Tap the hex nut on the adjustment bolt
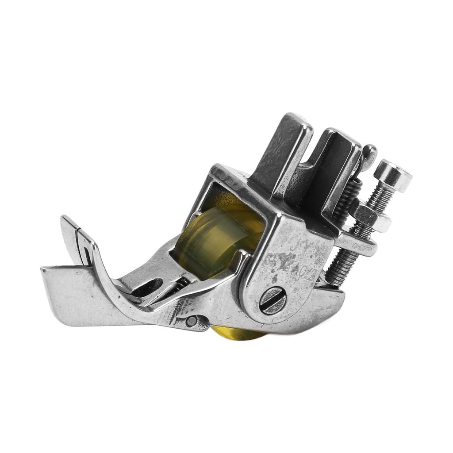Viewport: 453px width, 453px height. pos(371,217)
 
